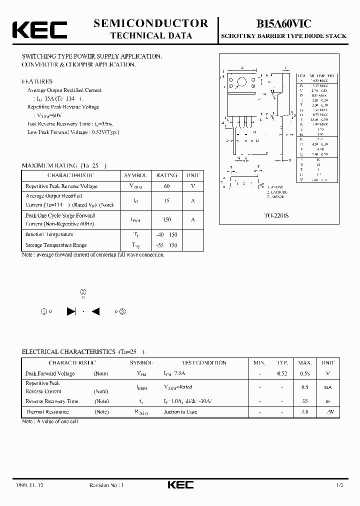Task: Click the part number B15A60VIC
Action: point(283,23)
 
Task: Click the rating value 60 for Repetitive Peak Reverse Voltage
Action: point(166,186)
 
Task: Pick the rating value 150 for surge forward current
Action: point(166,219)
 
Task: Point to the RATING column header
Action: point(166,175)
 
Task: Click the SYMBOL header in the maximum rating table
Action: point(135,175)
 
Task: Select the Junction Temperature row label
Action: point(49,234)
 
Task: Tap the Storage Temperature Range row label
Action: point(56,245)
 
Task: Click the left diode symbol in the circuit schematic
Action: point(71,311)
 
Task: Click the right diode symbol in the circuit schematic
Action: point(96,311)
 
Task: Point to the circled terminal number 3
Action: point(122,311)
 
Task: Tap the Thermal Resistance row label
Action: point(47,412)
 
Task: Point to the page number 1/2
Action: point(340,485)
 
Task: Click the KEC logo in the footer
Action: point(179,485)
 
